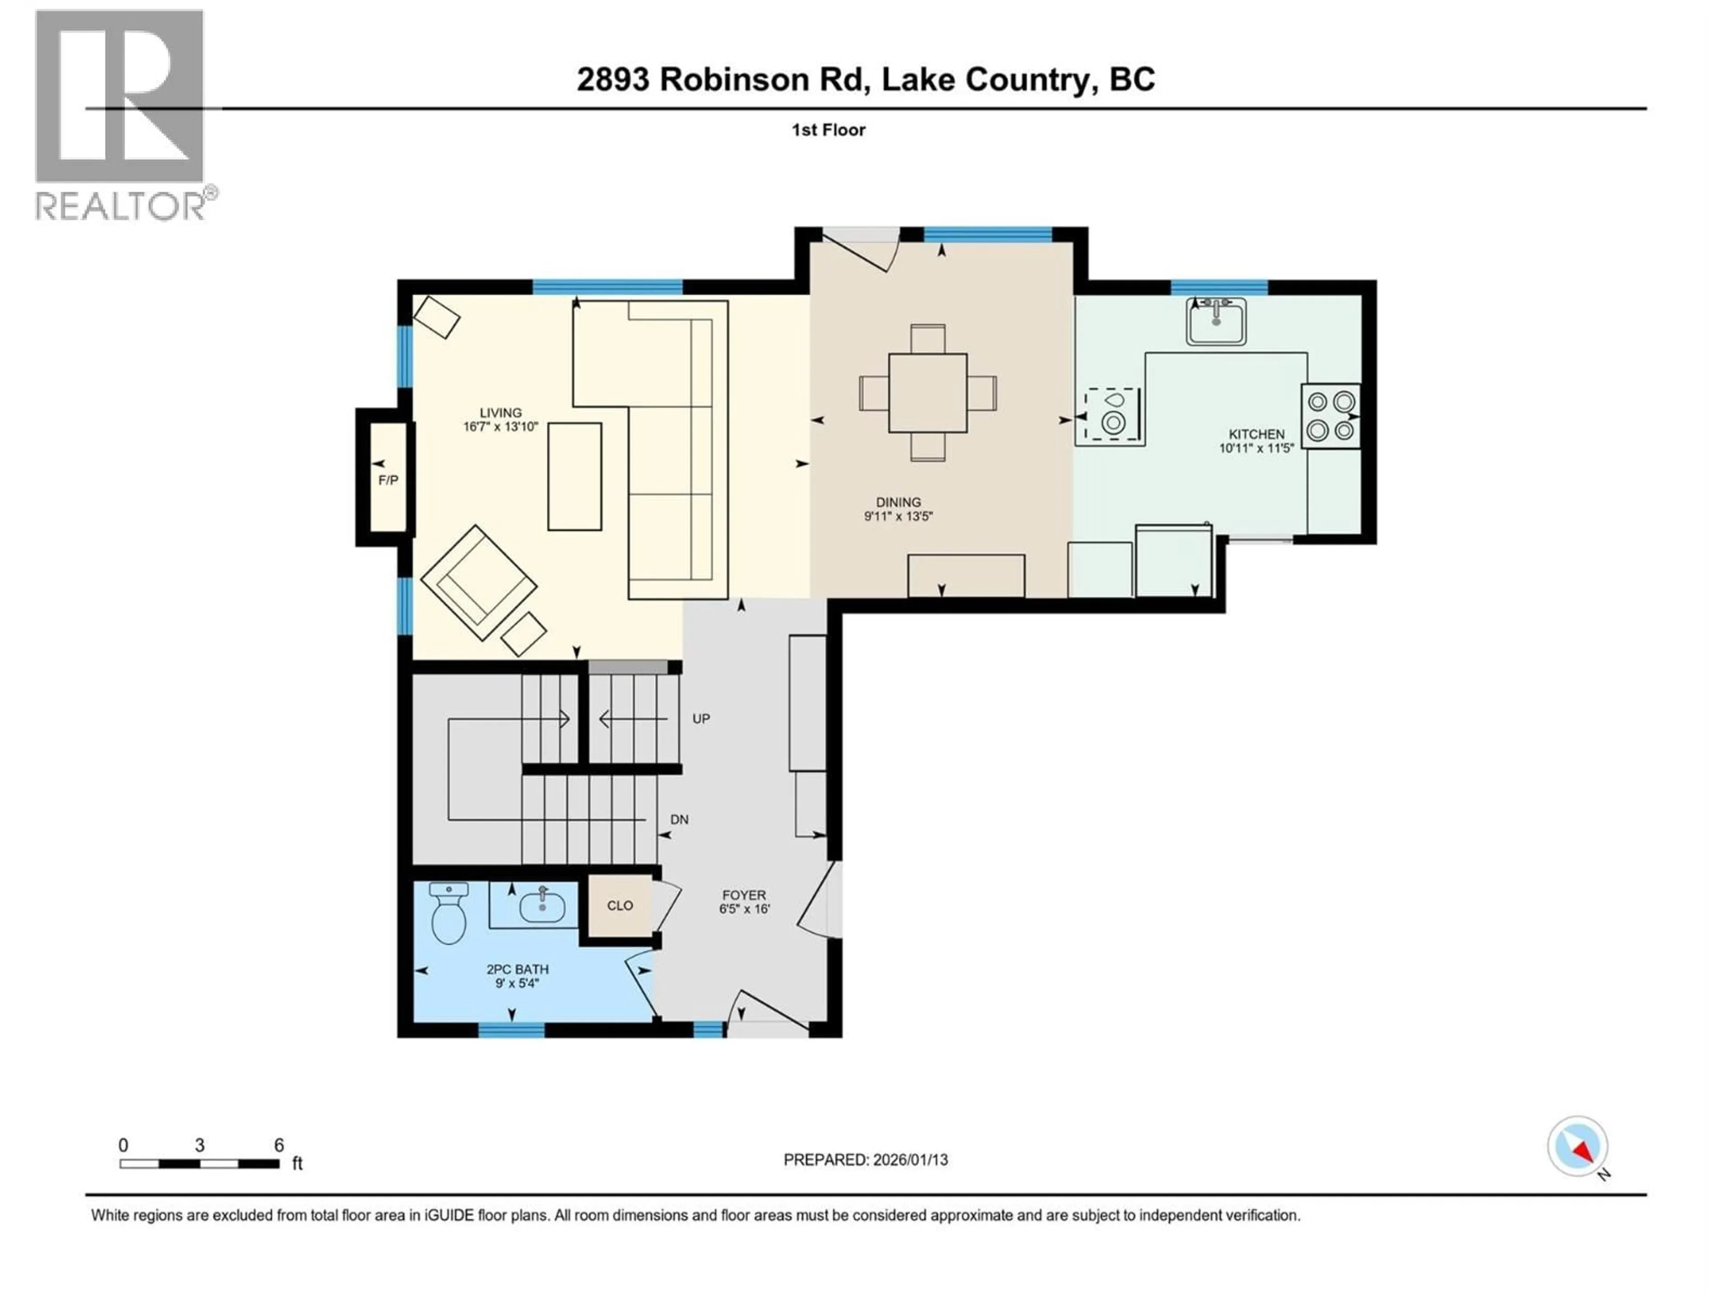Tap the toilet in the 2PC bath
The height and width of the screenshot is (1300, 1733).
pyautogui.click(x=449, y=916)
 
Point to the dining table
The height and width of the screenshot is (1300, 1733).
pyautogui.click(x=927, y=393)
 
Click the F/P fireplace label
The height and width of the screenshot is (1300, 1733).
pyautogui.click(x=388, y=479)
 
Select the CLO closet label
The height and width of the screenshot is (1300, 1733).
pyautogui.click(x=620, y=905)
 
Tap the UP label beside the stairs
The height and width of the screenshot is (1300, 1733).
pyautogui.click(x=701, y=719)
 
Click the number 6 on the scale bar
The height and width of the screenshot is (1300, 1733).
pyautogui.click(x=279, y=1145)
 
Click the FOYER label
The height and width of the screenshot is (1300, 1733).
pyautogui.click(x=743, y=895)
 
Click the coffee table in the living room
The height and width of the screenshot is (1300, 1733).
pyautogui.click(x=574, y=476)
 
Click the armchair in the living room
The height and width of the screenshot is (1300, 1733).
pyautogui.click(x=478, y=582)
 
